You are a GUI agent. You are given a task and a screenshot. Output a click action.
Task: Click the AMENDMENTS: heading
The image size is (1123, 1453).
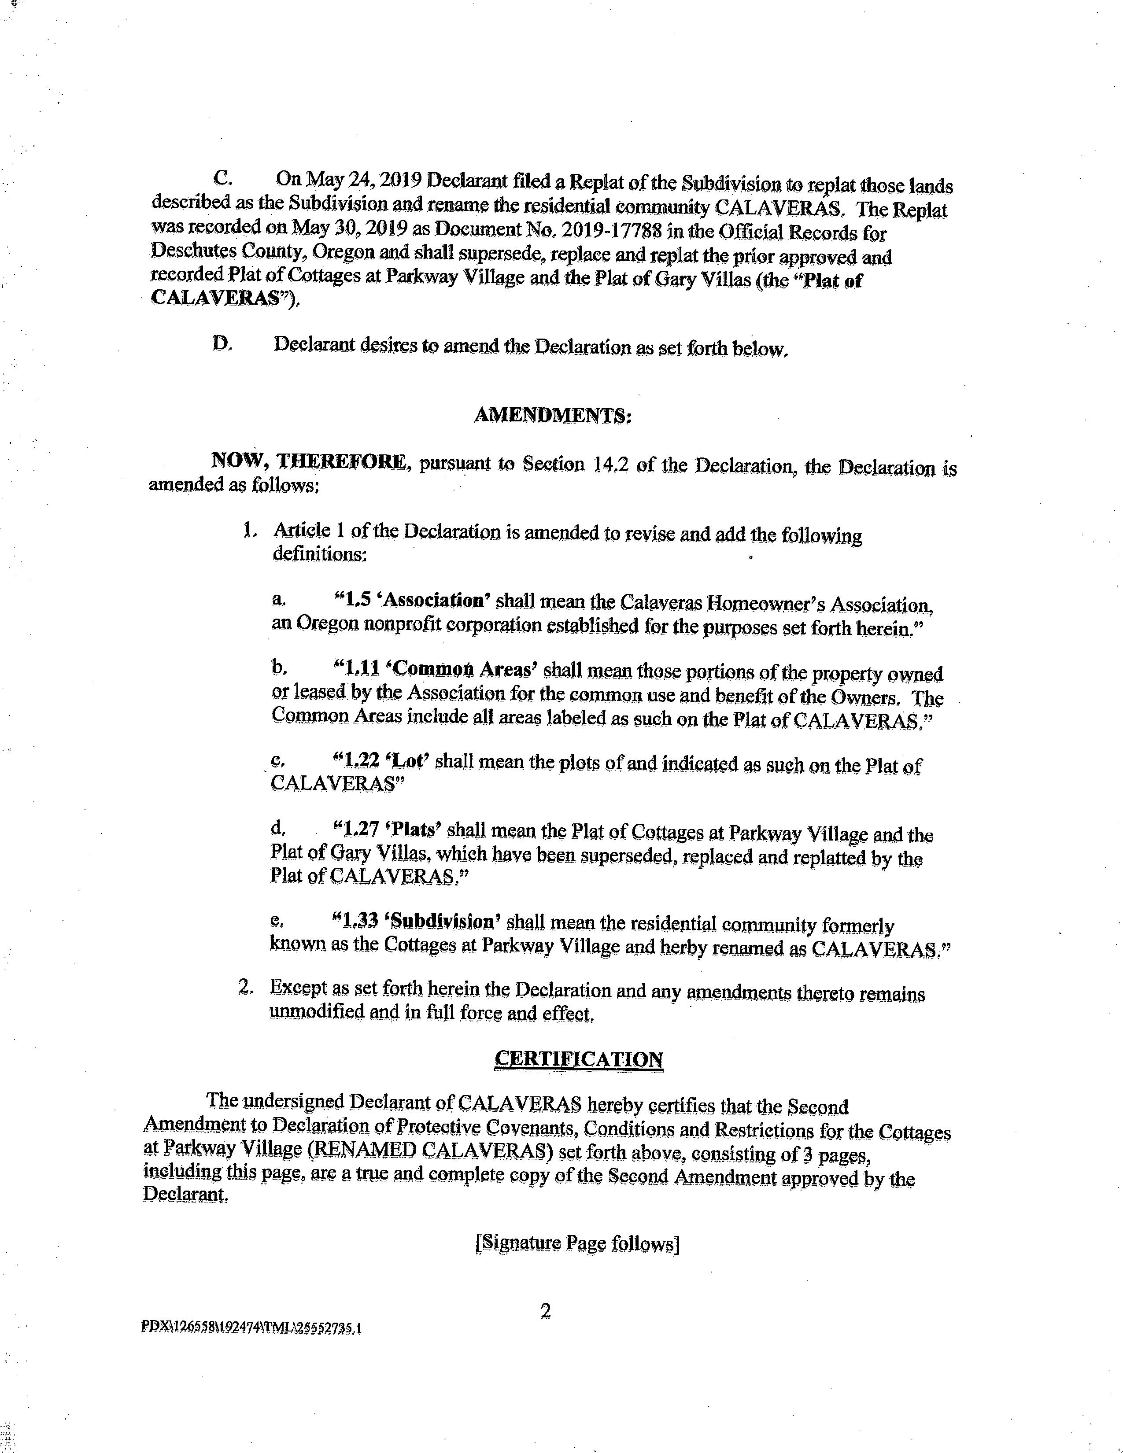click(x=552, y=415)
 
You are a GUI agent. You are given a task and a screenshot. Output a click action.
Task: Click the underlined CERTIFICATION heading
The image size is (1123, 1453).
click(x=578, y=1058)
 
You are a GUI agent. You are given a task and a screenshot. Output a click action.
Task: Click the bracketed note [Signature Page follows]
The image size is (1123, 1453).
click(x=577, y=1243)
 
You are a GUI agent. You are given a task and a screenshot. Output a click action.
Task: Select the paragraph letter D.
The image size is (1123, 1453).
click(x=222, y=344)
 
